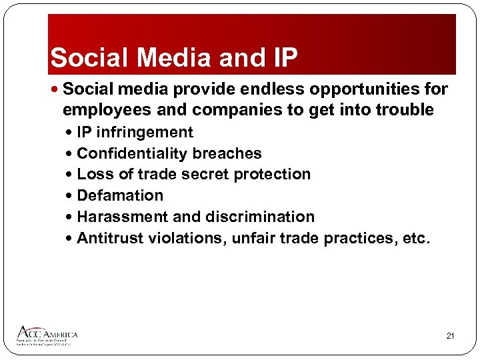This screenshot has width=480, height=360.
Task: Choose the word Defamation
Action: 120,195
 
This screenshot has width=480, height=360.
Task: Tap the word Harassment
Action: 123,217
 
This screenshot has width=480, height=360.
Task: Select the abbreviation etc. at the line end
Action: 417,238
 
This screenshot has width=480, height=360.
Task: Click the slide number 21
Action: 450,336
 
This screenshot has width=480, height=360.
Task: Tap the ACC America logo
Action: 48,335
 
